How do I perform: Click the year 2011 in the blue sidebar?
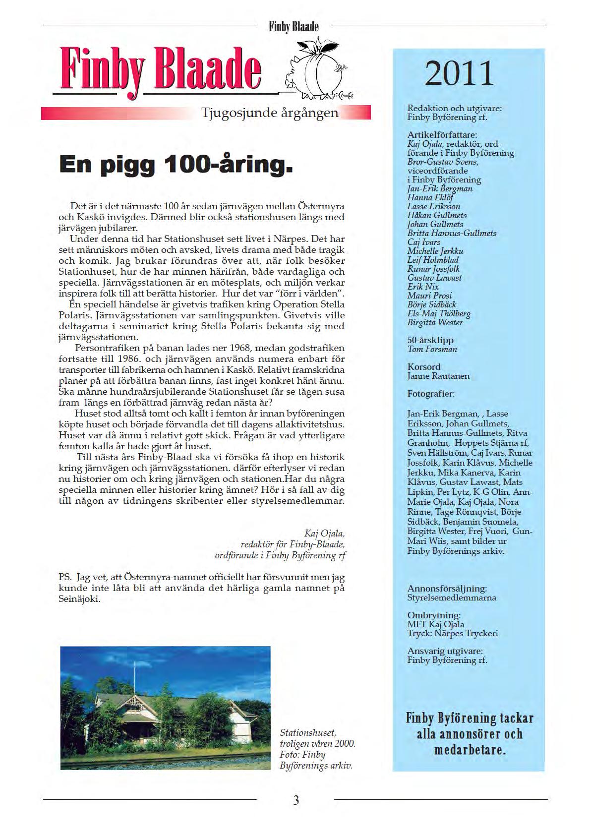(x=459, y=73)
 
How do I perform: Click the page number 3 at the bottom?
(x=295, y=800)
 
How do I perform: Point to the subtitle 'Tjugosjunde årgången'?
(x=270, y=113)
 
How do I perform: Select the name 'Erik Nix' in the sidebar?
(x=423, y=287)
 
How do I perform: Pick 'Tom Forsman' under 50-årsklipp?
(x=432, y=349)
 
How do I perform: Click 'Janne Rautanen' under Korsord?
(x=438, y=376)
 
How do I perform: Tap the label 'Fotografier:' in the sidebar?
(x=430, y=394)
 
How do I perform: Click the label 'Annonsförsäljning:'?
(x=447, y=589)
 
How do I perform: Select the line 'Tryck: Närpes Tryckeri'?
(x=453, y=633)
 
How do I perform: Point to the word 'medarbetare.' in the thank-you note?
(x=470, y=750)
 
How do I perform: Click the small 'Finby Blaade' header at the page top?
(x=294, y=26)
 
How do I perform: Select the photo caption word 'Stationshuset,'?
(x=308, y=732)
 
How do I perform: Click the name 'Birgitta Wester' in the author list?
(x=435, y=322)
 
